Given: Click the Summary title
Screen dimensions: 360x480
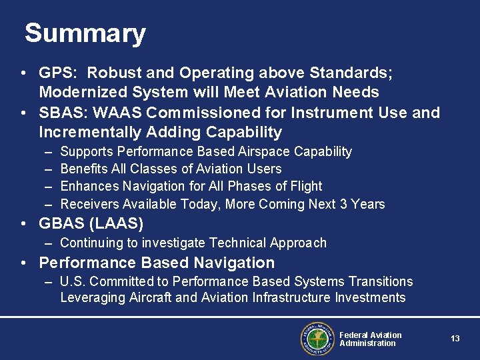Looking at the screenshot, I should pos(85,33).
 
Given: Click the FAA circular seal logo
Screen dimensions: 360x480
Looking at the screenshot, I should pos(317,339).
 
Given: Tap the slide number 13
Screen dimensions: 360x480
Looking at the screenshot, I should pos(455,339).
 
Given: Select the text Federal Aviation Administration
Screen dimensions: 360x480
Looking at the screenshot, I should pos(370,339).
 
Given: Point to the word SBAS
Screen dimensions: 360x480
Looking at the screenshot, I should pos(59,113).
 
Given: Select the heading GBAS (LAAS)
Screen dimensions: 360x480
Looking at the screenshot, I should pos(91,223).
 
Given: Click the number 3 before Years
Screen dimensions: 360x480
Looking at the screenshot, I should pos(344,204).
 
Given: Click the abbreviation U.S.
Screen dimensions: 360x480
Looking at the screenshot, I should pos(72,281).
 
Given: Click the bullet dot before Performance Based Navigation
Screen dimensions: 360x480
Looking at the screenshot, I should pos(23,263).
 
